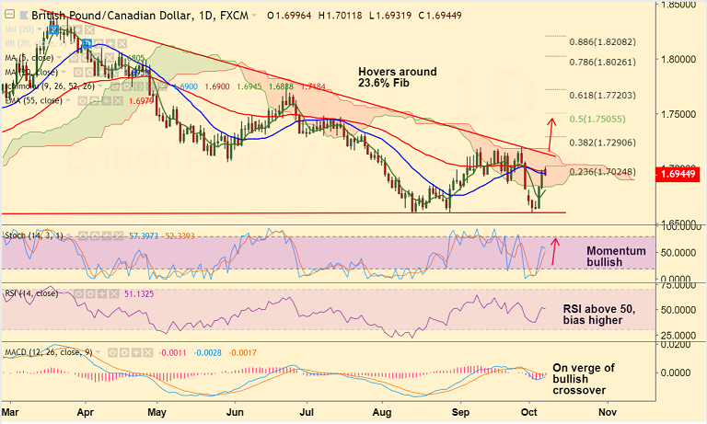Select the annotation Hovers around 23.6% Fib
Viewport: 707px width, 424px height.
(x=398, y=78)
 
